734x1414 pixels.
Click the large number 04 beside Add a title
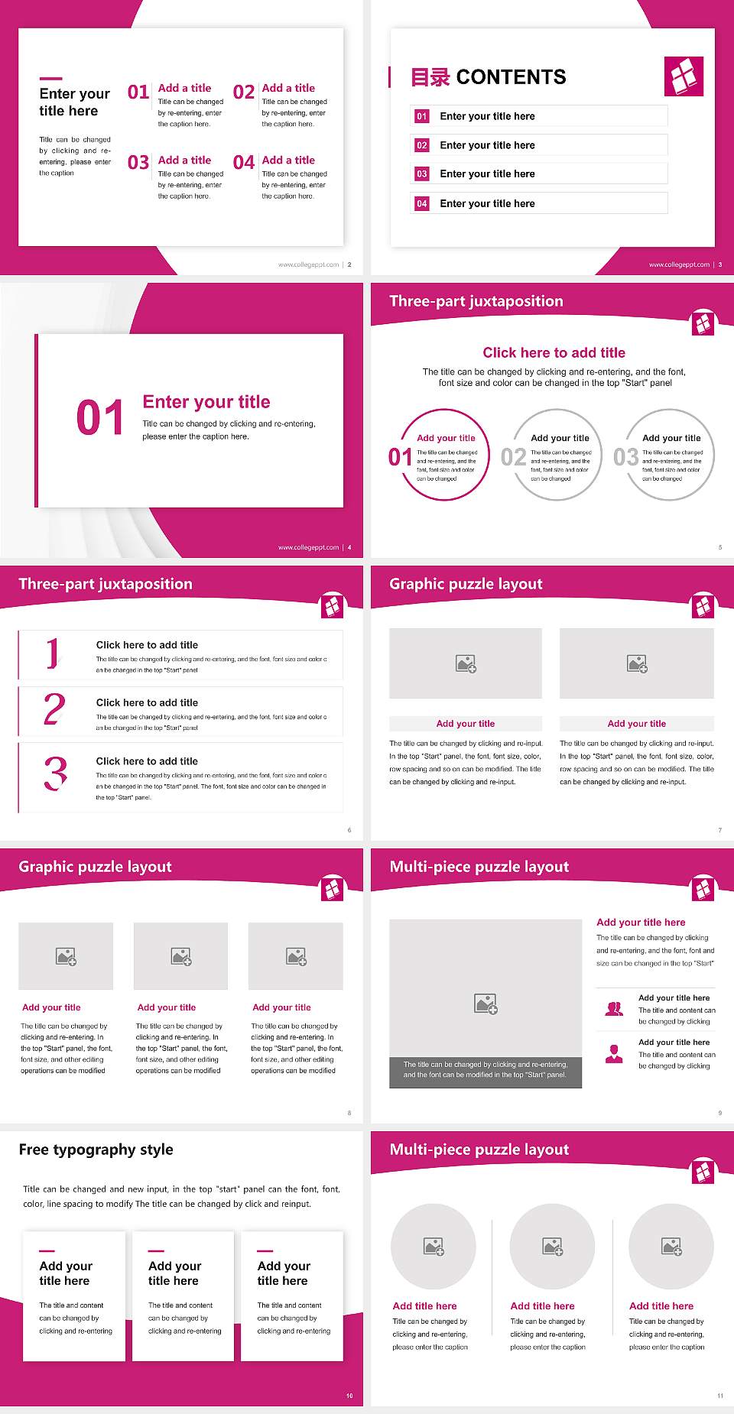pyautogui.click(x=244, y=163)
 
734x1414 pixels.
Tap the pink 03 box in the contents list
pyautogui.click(x=422, y=174)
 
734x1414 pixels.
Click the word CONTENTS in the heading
pyautogui.click(x=511, y=77)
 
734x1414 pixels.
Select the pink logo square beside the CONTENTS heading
pyautogui.click(x=684, y=76)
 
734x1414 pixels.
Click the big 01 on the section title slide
pyautogui.click(x=100, y=418)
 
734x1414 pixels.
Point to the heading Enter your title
pyautogui.click(x=206, y=402)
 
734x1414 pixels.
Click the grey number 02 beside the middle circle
pyautogui.click(x=514, y=457)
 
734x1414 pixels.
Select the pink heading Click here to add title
pyautogui.click(x=554, y=352)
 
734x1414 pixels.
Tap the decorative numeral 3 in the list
pyautogui.click(x=55, y=773)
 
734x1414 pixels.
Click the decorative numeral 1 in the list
pyautogui.click(x=52, y=653)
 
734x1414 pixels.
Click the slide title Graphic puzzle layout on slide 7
pyautogui.click(x=466, y=584)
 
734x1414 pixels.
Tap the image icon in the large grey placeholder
pyautogui.click(x=486, y=1004)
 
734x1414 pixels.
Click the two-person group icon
pyautogui.click(x=614, y=1009)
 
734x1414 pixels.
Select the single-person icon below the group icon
pyautogui.click(x=614, y=1054)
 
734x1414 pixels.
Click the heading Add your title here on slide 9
pyautogui.click(x=641, y=923)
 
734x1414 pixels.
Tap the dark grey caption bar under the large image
pyautogui.click(x=486, y=1069)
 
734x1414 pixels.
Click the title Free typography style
pyautogui.click(x=96, y=1150)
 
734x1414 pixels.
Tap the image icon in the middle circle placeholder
pyautogui.click(x=553, y=1247)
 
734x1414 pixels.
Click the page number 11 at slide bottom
pyautogui.click(x=719, y=1396)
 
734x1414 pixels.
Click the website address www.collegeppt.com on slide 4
pyautogui.click(x=308, y=547)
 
